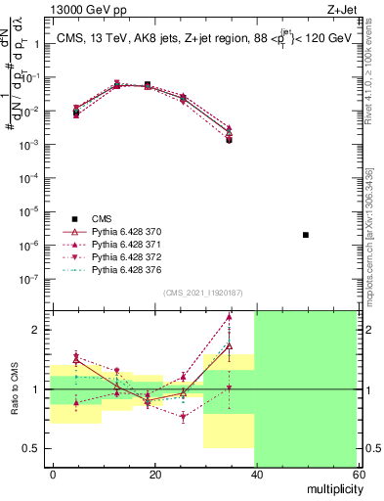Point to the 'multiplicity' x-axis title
click(331, 486)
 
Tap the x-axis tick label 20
click(154, 473)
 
